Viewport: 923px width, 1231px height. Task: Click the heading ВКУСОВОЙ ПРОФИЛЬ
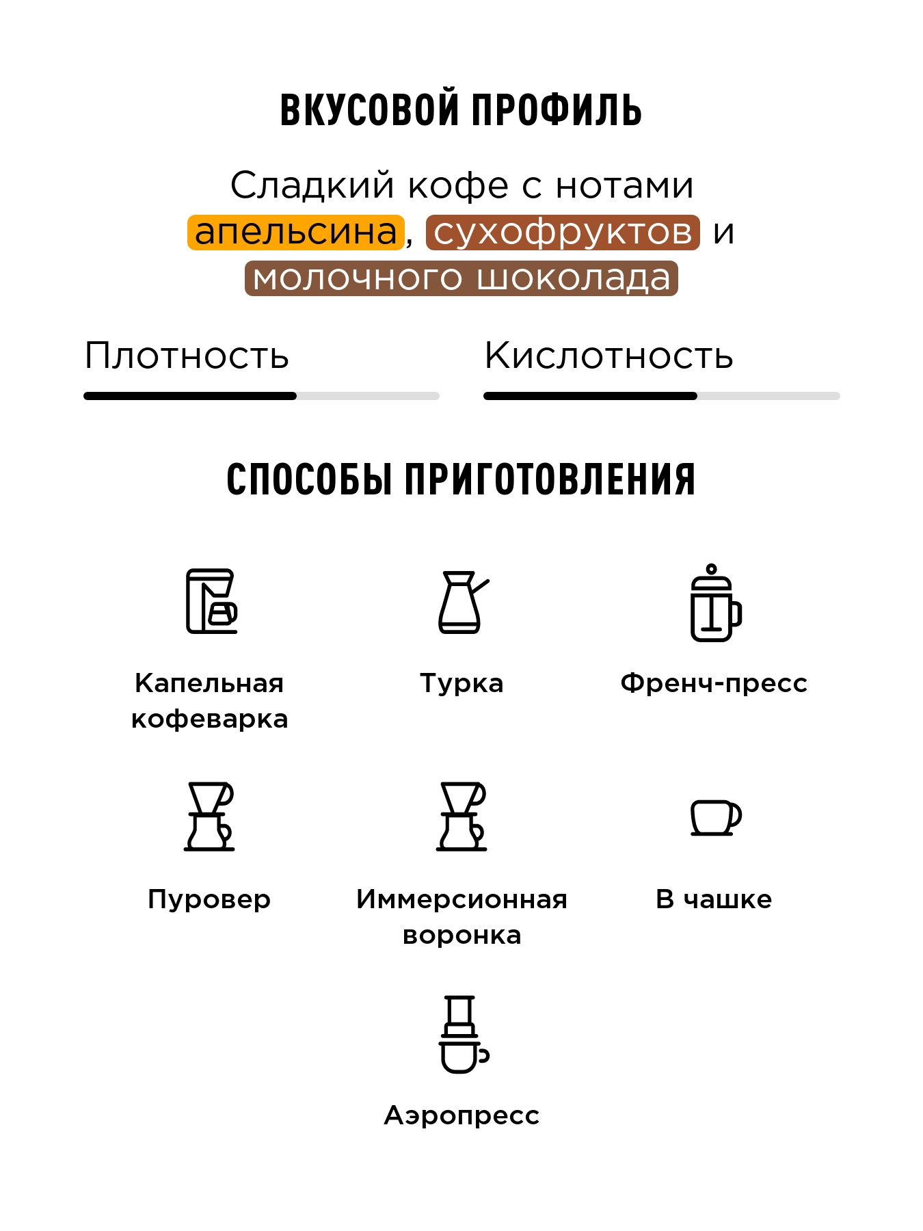point(461,109)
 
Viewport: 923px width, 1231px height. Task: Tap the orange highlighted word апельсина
point(295,232)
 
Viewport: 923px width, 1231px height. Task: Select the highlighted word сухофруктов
point(563,232)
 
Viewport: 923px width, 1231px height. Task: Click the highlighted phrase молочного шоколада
point(461,278)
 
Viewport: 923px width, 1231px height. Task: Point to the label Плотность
point(187,356)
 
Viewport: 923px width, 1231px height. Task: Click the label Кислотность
point(608,356)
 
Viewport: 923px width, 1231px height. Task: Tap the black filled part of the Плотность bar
point(190,396)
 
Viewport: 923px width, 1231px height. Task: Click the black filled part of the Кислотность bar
point(590,396)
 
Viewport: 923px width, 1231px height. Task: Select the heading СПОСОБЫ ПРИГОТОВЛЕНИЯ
point(461,479)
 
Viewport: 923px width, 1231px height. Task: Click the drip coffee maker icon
point(211,601)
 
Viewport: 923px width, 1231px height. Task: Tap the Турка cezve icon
point(462,602)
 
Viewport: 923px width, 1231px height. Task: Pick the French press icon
point(714,603)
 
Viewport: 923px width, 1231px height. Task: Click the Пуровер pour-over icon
point(209,817)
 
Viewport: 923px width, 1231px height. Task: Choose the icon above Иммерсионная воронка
point(462,817)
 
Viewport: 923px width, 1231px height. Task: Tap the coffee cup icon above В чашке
point(715,817)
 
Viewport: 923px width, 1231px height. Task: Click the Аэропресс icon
point(462,1034)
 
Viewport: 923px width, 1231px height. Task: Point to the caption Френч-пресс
point(714,683)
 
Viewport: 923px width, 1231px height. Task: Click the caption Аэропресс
point(461,1115)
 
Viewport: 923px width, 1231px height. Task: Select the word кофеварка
point(209,719)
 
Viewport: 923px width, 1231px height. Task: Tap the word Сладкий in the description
point(312,185)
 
